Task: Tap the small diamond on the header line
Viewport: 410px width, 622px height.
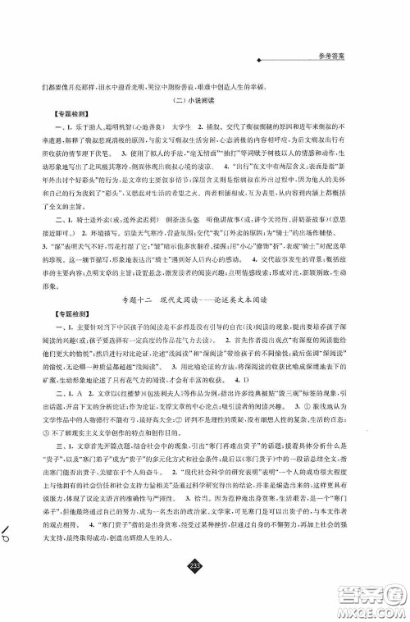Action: (x=259, y=60)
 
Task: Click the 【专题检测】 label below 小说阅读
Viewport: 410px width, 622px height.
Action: (x=50, y=118)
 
